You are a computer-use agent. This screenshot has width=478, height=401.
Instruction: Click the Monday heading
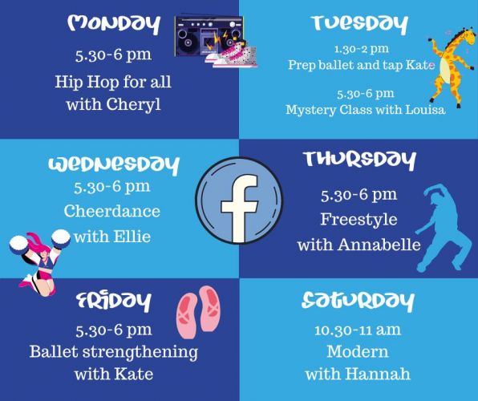point(114,24)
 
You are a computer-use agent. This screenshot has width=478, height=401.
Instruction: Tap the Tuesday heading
point(359,24)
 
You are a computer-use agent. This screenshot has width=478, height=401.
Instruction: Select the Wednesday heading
point(114,165)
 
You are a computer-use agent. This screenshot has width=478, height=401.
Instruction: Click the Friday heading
point(114,302)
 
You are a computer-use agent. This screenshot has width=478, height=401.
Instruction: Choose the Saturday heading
point(358,302)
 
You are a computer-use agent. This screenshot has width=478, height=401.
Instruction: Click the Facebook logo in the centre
point(239,200)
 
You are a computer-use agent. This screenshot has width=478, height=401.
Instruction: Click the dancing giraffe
point(452,67)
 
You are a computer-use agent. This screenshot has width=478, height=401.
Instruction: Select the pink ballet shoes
point(198,312)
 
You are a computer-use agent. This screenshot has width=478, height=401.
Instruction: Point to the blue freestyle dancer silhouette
point(442,228)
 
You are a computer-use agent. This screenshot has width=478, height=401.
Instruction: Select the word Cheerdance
point(111,211)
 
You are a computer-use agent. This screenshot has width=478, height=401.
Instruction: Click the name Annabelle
point(379,245)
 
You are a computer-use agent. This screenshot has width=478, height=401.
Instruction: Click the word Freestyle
point(358,220)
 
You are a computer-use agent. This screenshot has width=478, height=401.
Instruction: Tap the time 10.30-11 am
point(358,330)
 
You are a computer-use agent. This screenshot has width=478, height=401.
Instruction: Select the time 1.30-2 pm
point(361,49)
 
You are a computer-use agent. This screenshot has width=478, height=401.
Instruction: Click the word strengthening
point(140,353)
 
